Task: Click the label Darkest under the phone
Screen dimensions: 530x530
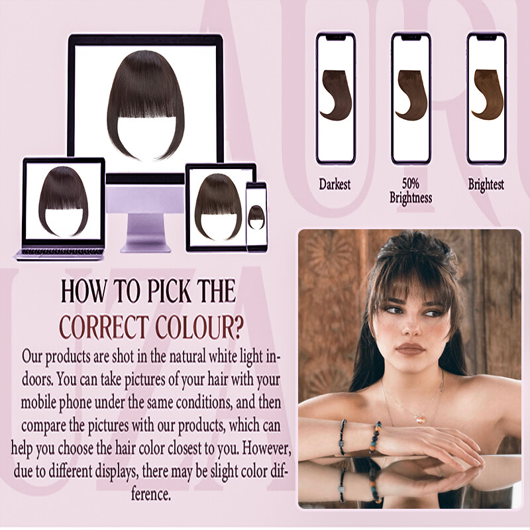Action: coord(335,184)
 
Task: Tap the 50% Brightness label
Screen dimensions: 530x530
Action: coord(411,191)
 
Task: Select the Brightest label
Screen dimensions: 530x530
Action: coord(486,185)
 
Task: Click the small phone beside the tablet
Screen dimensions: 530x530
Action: coord(256,216)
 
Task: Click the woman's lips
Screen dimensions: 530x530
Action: coord(410,348)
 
